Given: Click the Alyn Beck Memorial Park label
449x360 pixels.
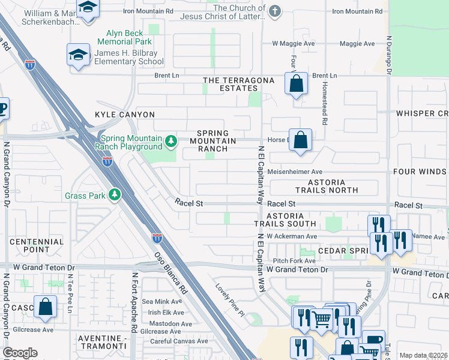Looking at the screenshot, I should pyautogui.click(x=129, y=38).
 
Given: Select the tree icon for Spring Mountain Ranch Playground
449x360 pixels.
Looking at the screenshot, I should pyautogui.click(x=171, y=141).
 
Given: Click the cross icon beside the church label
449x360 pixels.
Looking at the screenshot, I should pyautogui.click(x=274, y=11).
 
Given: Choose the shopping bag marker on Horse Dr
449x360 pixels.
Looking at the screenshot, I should pyautogui.click(x=301, y=140).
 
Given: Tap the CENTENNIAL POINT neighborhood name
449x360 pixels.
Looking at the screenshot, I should pyautogui.click(x=37, y=245).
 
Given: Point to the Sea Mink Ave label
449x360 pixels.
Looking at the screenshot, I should pyautogui.click(x=160, y=302).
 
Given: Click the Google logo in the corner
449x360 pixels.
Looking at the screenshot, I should pyautogui.click(x=20, y=353).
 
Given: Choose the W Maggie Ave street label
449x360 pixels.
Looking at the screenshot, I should pyautogui.click(x=294, y=43).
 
